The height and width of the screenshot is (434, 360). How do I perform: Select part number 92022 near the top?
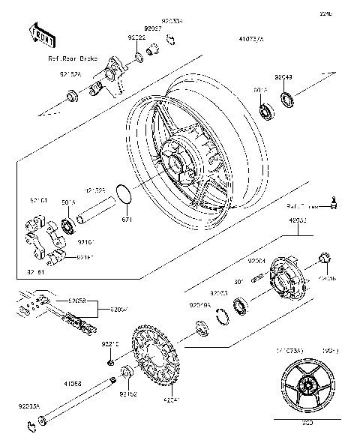[136, 37]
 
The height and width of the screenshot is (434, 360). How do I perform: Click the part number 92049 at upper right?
[283, 76]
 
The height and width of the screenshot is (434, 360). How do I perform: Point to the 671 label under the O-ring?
[127, 220]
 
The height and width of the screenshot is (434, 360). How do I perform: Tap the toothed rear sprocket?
[157, 358]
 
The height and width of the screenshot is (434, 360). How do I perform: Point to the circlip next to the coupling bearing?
[222, 313]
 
